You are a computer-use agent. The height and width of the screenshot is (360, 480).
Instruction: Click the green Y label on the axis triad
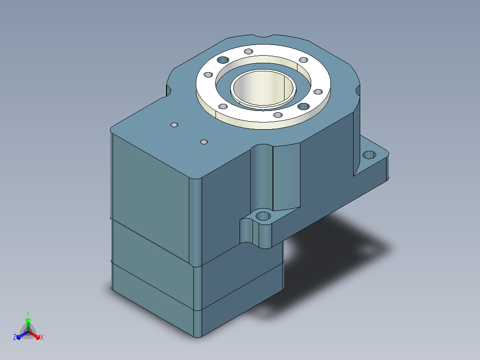point(28,314)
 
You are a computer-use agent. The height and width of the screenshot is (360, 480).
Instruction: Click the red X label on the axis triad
point(42,337)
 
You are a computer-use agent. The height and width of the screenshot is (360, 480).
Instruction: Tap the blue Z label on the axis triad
point(15,337)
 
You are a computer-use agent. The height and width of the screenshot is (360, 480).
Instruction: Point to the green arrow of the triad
point(28,324)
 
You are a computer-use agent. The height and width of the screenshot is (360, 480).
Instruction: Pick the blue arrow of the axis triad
point(22,335)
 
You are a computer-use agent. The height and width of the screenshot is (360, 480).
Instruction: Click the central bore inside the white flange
point(263,88)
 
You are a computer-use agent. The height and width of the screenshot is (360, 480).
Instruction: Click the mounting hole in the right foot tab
point(369,155)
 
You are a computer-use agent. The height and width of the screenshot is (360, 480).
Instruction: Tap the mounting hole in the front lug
point(263,216)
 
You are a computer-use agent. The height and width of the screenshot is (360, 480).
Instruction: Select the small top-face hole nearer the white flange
point(204,142)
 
